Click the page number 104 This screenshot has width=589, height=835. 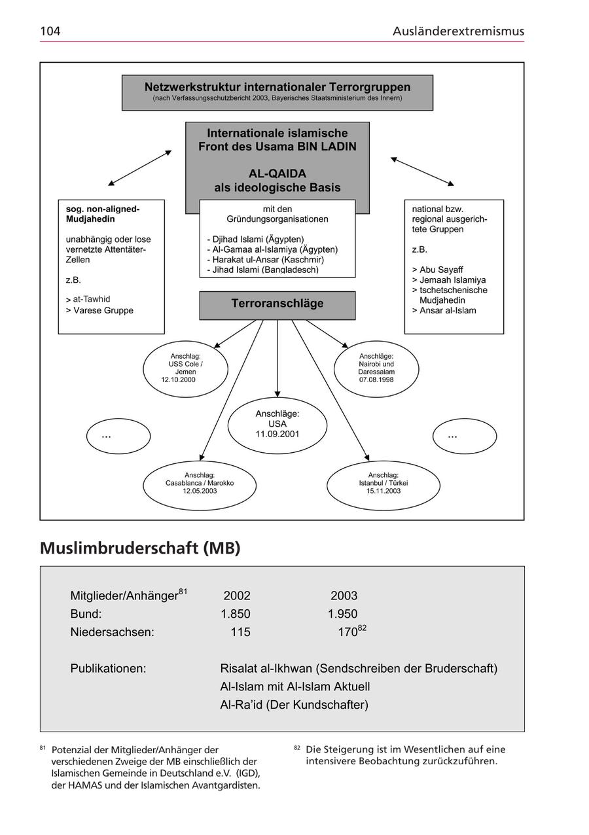click(x=50, y=31)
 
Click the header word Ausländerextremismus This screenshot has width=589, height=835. click(x=458, y=31)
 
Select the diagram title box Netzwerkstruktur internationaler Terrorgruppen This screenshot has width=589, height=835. click(x=277, y=92)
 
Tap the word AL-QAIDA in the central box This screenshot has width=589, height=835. click(x=277, y=173)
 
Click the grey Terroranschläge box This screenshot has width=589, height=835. click(x=277, y=304)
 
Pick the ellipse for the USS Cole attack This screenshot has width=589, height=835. click(x=185, y=368)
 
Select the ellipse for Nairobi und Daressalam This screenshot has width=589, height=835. click(x=376, y=368)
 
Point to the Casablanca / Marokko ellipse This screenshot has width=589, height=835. click(x=199, y=485)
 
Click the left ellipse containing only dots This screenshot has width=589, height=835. click(x=118, y=436)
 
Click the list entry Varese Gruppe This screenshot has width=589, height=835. click(x=102, y=310)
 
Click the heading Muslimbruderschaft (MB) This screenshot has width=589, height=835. click(x=140, y=548)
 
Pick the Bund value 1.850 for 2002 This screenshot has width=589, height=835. click(x=236, y=614)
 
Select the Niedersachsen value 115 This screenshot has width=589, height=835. click(x=240, y=633)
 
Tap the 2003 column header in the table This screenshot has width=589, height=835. click(x=344, y=596)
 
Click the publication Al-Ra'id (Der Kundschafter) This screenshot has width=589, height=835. click(x=294, y=705)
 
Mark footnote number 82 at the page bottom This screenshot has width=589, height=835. click(x=296, y=748)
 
